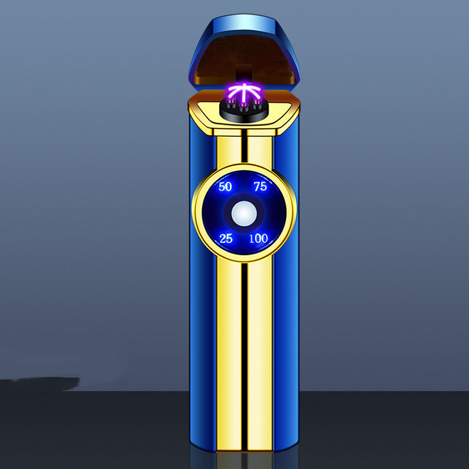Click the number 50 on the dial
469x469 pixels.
[x=225, y=186]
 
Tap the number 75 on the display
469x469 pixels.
[x=260, y=186]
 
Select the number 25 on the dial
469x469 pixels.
[x=226, y=239]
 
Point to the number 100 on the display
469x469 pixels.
[x=259, y=239]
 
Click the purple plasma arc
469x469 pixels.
[x=244, y=91]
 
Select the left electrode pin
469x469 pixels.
[x=230, y=104]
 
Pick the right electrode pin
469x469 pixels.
[x=257, y=104]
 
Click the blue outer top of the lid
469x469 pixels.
[x=244, y=25]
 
